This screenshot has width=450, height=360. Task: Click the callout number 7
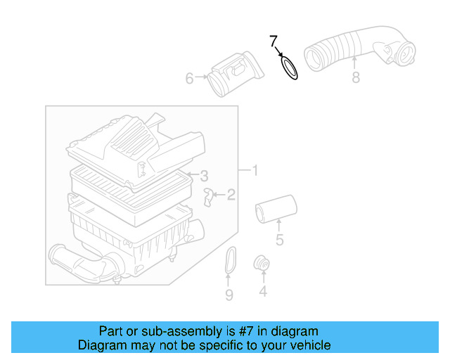pos(274,41)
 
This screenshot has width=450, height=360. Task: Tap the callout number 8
pos(355,78)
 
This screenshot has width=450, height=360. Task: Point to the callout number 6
pos(189,79)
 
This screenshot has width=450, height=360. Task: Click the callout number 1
pos(255,170)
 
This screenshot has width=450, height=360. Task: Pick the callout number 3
pos(203,175)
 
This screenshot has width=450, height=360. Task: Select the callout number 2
pos(231,195)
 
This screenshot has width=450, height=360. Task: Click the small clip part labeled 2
pos(209,196)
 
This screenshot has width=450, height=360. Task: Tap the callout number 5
pos(279,240)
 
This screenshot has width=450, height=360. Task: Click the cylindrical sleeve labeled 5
pos(276,210)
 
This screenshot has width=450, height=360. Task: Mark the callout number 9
pos(229,295)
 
